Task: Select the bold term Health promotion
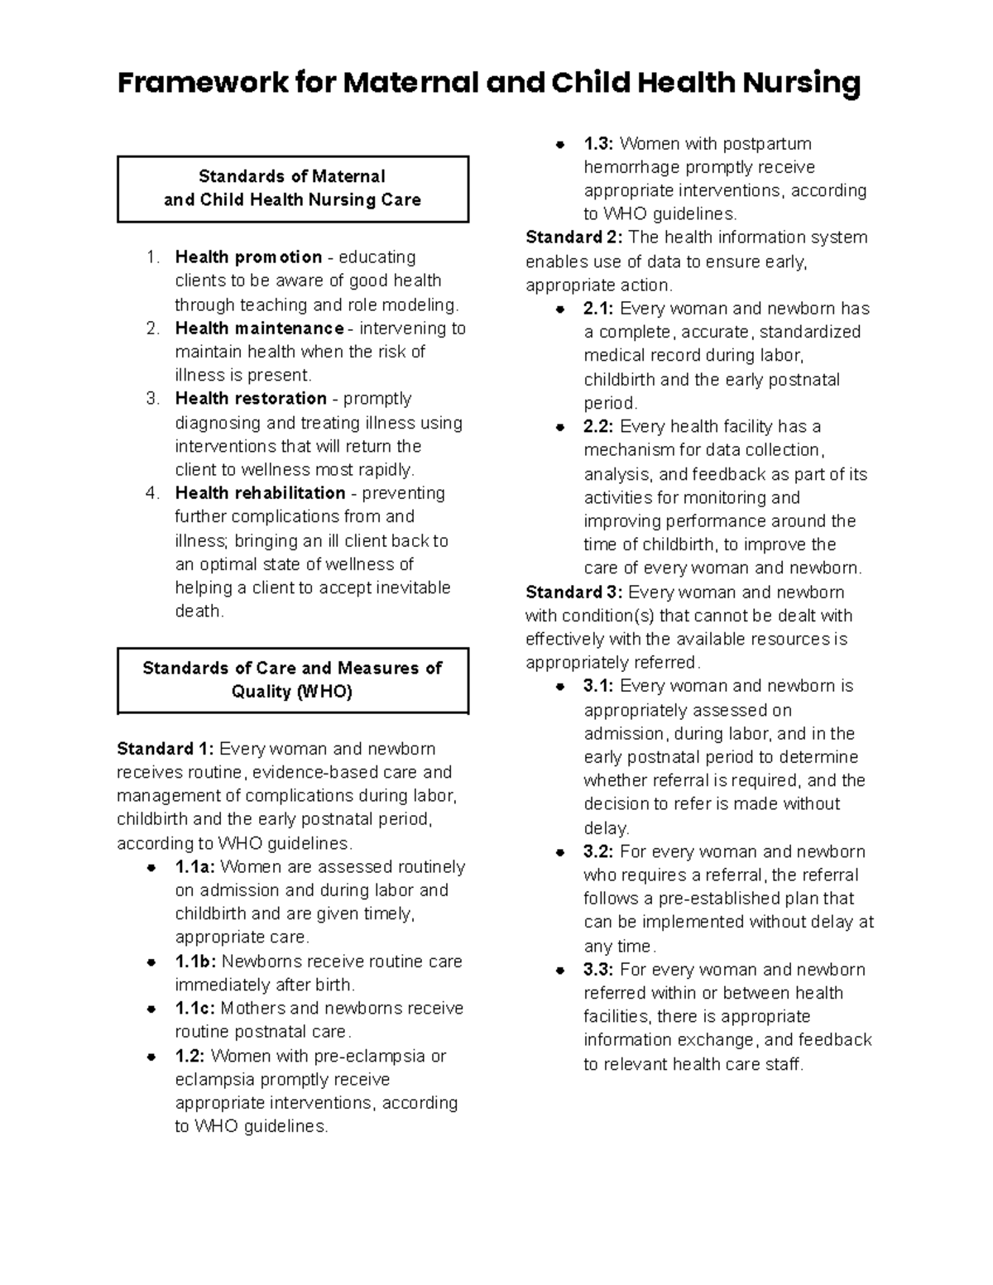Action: pos(248,257)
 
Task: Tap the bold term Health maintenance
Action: pos(259,328)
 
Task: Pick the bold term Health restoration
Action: pos(251,399)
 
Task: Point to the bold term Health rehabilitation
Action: pos(260,493)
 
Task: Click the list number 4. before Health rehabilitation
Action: pos(151,493)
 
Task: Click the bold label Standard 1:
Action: pos(165,749)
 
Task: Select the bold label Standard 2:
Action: pos(574,237)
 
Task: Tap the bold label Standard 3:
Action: pos(574,592)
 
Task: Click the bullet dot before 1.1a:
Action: pos(151,868)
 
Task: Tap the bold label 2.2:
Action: pos(598,427)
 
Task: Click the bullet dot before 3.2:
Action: pos(560,852)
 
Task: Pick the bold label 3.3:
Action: pos(598,970)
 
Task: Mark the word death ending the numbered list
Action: pos(199,611)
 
